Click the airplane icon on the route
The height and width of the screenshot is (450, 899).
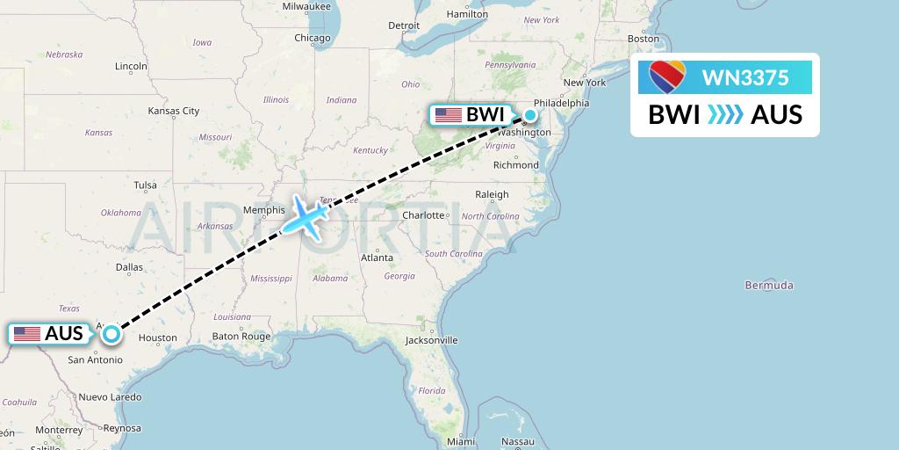(304, 215)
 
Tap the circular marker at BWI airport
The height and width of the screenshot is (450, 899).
(530, 115)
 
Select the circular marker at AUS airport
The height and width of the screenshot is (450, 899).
(111, 333)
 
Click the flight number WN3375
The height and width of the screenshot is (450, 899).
(745, 77)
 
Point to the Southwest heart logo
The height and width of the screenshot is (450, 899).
(667, 77)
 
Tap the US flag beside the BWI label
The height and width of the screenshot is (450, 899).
(448, 115)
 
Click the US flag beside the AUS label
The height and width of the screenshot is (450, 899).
(27, 334)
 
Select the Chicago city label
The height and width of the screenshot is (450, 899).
(313, 38)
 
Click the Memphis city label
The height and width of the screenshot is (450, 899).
(264, 210)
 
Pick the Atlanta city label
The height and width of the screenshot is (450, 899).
(377, 258)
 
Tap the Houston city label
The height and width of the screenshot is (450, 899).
(157, 337)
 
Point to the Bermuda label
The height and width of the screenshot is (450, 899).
(768, 285)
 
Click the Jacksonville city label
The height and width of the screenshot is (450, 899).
(431, 339)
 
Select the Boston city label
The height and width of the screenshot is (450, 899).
(643, 39)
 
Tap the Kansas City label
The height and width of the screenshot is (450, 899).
(174, 111)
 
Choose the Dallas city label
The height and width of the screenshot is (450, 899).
(129, 267)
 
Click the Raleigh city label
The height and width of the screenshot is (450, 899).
(492, 194)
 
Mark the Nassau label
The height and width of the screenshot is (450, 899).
(518, 440)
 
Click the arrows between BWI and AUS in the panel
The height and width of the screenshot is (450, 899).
(725, 115)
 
